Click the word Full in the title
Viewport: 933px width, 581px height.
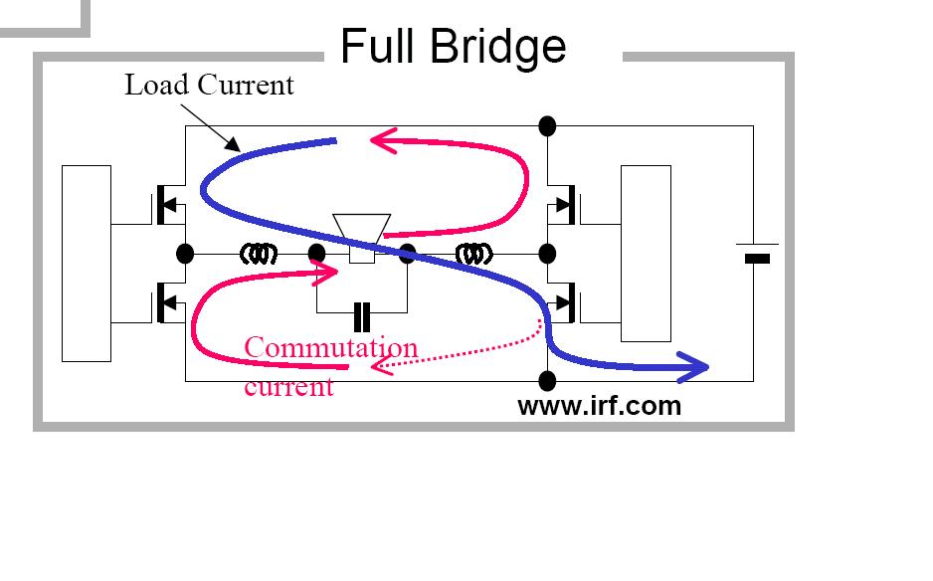(x=377, y=46)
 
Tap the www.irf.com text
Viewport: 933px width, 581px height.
(x=599, y=406)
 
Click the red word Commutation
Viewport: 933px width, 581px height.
(x=331, y=347)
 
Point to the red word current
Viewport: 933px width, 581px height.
(x=288, y=387)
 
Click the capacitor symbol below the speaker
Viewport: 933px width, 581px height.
(x=362, y=317)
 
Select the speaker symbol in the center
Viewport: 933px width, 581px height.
(x=362, y=238)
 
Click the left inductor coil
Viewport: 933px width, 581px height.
(x=259, y=255)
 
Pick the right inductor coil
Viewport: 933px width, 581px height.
(x=474, y=255)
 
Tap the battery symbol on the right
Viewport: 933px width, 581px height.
(x=757, y=253)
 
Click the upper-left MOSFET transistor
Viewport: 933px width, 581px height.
(x=169, y=205)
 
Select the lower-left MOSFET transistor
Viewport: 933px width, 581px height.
(x=169, y=302)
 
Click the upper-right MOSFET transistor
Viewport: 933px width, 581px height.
(x=563, y=205)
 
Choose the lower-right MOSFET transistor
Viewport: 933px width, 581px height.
(x=563, y=302)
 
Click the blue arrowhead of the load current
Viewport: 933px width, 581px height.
(x=693, y=367)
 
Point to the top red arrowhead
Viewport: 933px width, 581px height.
(x=384, y=141)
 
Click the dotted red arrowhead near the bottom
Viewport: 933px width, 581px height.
(x=381, y=365)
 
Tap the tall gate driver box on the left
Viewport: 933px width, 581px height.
(x=87, y=263)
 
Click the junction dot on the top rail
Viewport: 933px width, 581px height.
(x=547, y=126)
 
